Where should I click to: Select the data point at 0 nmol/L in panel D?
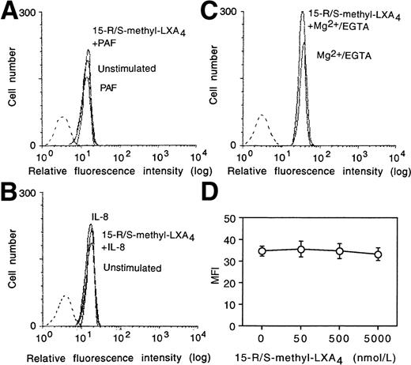262,251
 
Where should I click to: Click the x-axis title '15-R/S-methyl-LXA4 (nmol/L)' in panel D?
319,356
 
